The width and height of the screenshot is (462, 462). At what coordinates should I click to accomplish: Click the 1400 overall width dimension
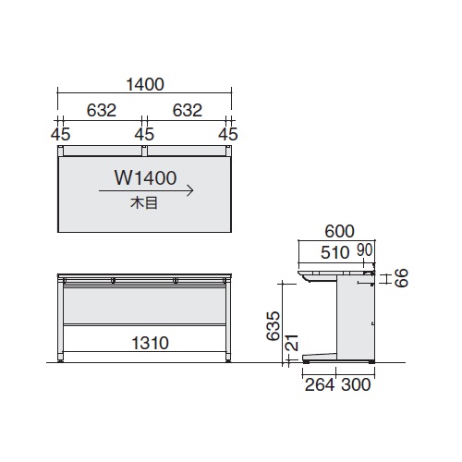coord(145,84)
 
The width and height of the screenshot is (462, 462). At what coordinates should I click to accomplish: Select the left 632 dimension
coord(102,110)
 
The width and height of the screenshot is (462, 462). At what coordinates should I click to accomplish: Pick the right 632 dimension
coord(188,110)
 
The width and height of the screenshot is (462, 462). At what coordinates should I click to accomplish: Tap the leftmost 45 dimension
coord(61,134)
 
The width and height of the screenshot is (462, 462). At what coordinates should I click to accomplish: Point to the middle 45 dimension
coord(144,134)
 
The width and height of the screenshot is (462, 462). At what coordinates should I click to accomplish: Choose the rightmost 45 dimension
coord(228,134)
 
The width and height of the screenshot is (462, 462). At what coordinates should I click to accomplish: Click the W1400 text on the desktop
coord(145,177)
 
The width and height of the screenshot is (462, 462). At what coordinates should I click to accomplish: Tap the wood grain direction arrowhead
coord(190,190)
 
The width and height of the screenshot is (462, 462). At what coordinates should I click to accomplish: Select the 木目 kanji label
coord(144,203)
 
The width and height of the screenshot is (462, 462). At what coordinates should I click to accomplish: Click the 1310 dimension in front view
coord(151,343)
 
